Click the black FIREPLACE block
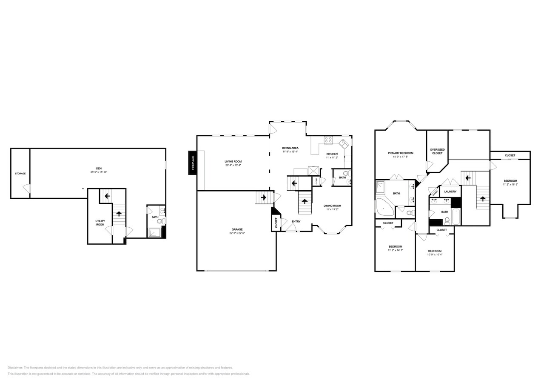(x=193, y=163)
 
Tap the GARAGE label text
(x=237, y=229)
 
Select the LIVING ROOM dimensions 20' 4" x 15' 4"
(x=233, y=165)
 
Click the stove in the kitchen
(x=328, y=140)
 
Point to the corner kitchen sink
(x=343, y=143)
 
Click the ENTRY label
(x=296, y=221)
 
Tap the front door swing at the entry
(x=291, y=228)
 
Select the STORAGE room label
(x=20, y=174)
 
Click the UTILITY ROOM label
(x=100, y=223)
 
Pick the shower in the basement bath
(x=154, y=232)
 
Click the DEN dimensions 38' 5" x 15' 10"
(x=99, y=172)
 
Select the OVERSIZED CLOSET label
(x=437, y=151)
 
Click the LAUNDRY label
(x=450, y=191)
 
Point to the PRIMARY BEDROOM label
(x=400, y=153)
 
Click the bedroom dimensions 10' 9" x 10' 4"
(x=435, y=254)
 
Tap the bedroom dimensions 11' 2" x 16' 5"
(x=510, y=184)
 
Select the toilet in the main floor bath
(x=346, y=173)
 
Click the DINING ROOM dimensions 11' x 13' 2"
(x=332, y=209)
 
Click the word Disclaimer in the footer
(x=15, y=368)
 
